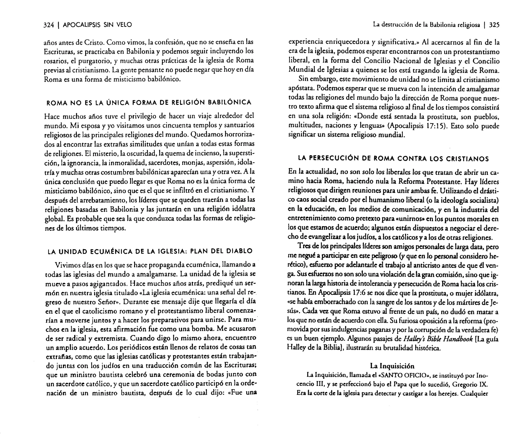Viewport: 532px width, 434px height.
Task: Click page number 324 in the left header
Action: click(x=49, y=25)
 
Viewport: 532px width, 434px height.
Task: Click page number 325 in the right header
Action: click(x=494, y=25)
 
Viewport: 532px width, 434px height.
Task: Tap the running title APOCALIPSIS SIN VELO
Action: click(x=97, y=25)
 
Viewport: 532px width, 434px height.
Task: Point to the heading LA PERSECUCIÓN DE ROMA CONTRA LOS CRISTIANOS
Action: click(x=393, y=159)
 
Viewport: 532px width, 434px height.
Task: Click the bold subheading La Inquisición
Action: click(x=392, y=366)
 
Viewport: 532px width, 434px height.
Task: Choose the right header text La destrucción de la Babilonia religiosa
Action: click(x=426, y=25)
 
